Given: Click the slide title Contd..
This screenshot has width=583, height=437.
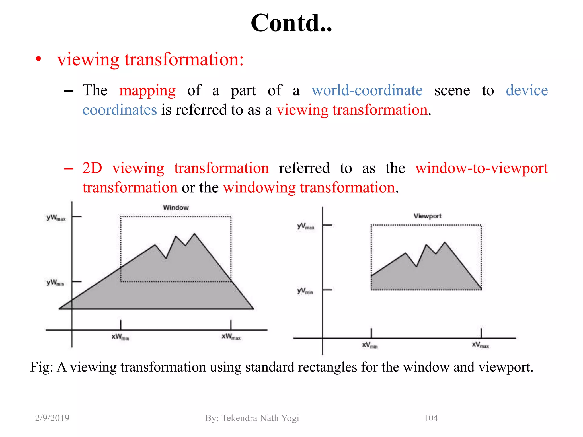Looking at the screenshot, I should [x=291, y=23].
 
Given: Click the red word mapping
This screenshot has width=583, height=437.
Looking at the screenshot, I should [x=147, y=91].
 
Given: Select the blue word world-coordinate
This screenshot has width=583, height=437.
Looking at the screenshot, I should [x=367, y=90].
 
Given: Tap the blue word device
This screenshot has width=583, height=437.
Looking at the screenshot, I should [x=527, y=90].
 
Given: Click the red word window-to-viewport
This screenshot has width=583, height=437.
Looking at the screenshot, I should [x=481, y=168].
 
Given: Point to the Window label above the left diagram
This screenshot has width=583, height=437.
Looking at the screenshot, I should [x=176, y=208].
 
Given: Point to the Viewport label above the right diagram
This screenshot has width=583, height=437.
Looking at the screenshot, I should [x=427, y=216].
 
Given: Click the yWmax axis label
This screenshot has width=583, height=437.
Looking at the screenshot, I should [x=56, y=218].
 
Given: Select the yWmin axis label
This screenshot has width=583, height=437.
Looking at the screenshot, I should [x=55, y=283].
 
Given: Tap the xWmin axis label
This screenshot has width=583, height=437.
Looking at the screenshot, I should [x=120, y=337].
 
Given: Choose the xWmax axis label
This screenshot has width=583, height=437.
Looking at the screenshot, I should [x=231, y=337].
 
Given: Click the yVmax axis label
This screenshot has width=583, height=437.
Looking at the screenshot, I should [x=306, y=226].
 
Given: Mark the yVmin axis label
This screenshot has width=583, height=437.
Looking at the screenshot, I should [x=305, y=291].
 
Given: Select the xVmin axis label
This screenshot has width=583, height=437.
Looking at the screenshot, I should [x=370, y=345].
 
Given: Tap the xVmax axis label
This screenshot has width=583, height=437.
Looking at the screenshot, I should [x=480, y=345].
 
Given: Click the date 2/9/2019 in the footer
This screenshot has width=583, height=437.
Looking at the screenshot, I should [x=52, y=418].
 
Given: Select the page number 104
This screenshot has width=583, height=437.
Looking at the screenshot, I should [x=431, y=418].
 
